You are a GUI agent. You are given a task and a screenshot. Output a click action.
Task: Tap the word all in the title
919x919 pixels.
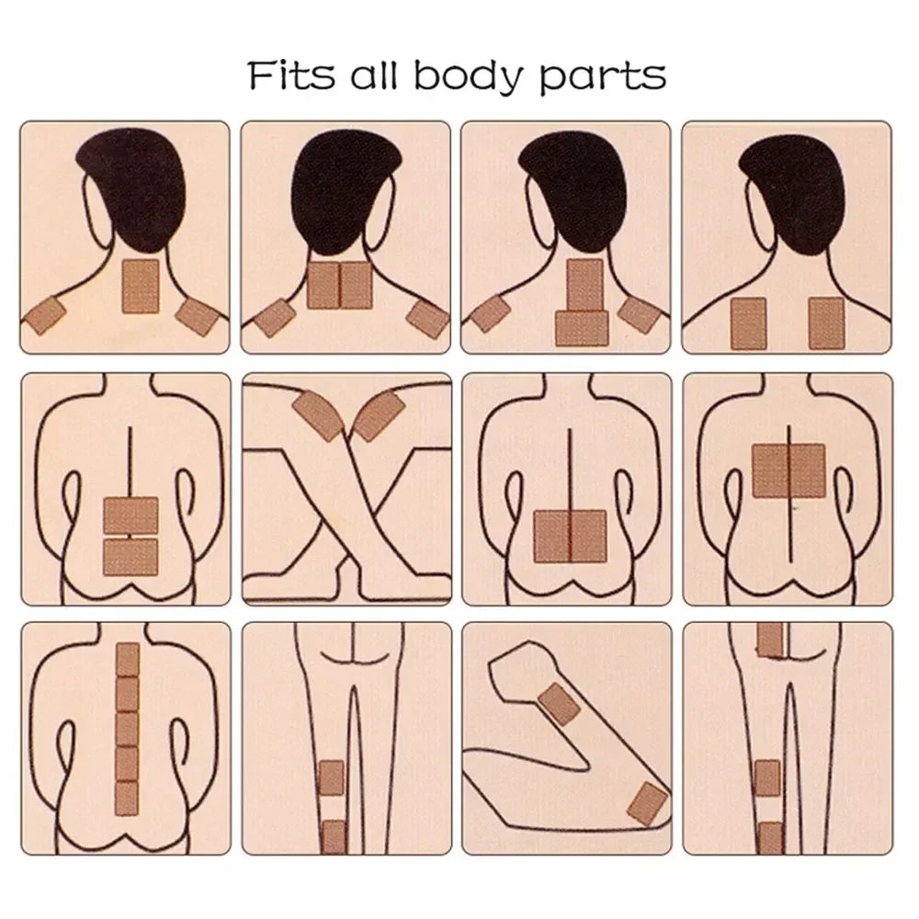click(374, 75)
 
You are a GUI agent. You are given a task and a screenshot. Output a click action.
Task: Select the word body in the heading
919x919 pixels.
click(467, 77)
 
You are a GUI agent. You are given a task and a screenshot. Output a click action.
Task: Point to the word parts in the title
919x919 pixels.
click(602, 78)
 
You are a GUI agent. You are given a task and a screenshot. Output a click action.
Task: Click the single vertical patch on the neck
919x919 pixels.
click(141, 287)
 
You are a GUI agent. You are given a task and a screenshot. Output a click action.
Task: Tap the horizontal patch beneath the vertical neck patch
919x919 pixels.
click(582, 328)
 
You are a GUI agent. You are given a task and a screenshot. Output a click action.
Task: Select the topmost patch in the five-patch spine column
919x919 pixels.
click(128, 659)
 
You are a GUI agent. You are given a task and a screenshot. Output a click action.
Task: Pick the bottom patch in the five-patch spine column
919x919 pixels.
click(127, 799)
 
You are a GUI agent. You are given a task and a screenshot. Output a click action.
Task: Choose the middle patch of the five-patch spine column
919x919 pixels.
click(127, 729)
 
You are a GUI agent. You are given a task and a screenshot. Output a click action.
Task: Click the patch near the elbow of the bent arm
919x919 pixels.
click(648, 804)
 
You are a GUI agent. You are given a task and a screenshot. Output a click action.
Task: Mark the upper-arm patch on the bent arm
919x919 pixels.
click(559, 705)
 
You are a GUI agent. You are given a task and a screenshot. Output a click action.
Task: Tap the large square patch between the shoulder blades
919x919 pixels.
click(789, 471)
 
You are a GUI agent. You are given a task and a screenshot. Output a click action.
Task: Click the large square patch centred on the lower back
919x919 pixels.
click(570, 537)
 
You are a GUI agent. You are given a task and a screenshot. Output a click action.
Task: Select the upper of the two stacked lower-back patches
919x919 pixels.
click(130, 516)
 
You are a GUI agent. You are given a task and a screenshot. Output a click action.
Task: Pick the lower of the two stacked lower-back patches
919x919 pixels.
click(130, 558)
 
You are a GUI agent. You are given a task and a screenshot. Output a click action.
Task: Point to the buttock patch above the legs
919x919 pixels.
click(770, 640)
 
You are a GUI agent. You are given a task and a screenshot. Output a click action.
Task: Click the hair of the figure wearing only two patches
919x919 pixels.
click(789, 187)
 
